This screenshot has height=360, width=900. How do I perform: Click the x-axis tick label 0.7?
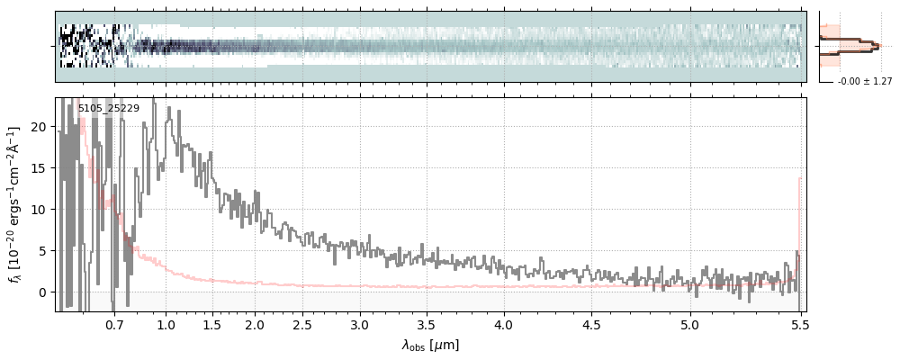tap(114, 324)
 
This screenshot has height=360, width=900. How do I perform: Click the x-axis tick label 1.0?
tap(166, 324)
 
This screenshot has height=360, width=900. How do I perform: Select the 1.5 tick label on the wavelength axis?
tap(212, 324)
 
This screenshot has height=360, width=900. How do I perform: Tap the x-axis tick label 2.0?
tap(255, 324)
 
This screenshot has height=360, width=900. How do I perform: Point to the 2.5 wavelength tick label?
tap(302, 324)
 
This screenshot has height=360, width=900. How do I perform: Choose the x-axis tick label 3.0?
tap(360, 324)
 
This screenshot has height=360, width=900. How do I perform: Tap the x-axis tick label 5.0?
tap(689, 324)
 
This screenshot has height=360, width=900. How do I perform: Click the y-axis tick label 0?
tap(41, 292)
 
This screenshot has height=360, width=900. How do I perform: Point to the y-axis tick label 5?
tap(41, 251)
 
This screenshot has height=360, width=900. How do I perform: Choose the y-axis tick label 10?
tap(38, 210)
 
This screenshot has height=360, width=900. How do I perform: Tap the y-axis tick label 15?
tap(38, 168)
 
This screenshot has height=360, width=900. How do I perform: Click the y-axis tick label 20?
tap(38, 127)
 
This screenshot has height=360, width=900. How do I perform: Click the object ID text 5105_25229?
tap(108, 109)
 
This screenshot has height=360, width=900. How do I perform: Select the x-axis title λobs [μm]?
tap(430, 345)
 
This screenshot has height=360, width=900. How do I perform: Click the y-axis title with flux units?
tap(15, 204)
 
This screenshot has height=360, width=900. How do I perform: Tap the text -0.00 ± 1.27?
tap(864, 82)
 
